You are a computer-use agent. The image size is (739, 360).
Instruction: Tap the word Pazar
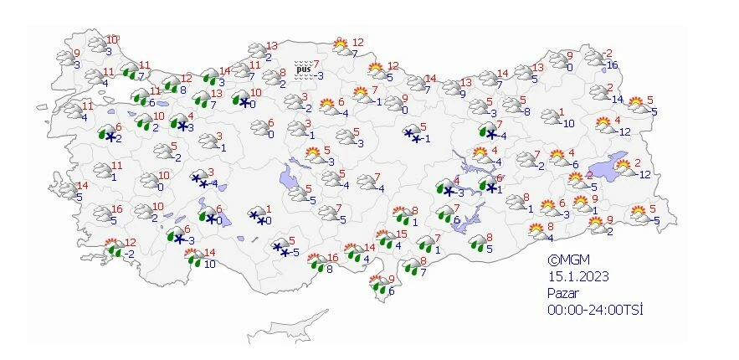tap(564, 293)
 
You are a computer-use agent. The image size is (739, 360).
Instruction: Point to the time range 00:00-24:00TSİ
tap(595, 310)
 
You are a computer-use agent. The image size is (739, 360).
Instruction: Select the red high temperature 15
tap(402, 234)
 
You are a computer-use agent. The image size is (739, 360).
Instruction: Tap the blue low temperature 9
tap(463, 94)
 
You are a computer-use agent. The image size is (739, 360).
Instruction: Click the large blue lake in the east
tap(611, 164)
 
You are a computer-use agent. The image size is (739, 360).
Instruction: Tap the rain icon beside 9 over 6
tap(377, 286)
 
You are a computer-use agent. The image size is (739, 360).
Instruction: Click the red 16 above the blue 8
tap(332, 258)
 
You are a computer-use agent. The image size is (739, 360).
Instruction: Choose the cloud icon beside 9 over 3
tap(65, 57)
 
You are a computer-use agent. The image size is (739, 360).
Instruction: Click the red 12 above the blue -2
tap(130, 242)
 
